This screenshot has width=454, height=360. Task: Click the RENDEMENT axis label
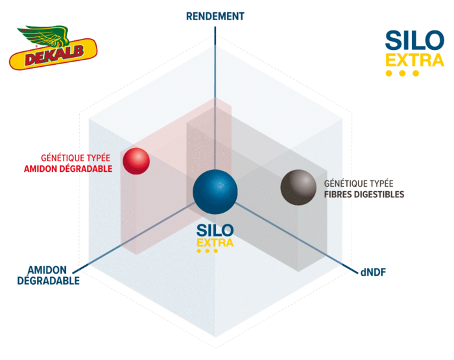coord(215,16)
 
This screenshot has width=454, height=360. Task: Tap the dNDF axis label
coord(373,272)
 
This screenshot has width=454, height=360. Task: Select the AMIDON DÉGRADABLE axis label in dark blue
coord(48,276)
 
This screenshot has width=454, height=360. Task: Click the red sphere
coord(136,161)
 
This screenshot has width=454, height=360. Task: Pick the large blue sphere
coord(215,192)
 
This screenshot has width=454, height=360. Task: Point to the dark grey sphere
coord(298,187)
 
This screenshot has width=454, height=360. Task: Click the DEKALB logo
coord(54,48)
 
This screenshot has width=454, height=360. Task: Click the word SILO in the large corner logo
coord(414,41)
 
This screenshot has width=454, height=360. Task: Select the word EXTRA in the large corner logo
coord(415,60)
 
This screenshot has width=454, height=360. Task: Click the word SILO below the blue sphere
coord(215,230)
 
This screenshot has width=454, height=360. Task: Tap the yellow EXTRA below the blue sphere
coord(215,243)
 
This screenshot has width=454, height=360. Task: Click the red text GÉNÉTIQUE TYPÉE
coord(76,158)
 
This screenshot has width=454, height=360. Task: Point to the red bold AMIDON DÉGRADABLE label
coord(68,169)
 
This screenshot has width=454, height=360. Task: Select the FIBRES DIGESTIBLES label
coord(364,195)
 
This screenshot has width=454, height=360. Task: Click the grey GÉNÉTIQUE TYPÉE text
coord(359,184)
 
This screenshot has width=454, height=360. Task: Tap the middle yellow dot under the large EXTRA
coord(402,73)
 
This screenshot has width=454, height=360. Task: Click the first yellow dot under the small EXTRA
coord(198,251)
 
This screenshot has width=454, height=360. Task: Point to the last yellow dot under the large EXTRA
coord(416,73)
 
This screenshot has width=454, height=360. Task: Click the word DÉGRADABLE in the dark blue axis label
coord(49,281)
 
